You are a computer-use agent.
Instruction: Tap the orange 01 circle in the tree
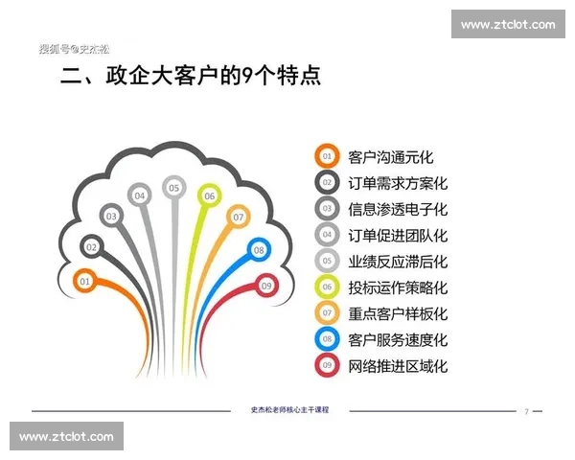[x=84, y=282]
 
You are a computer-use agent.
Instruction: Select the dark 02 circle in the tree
[x=92, y=246]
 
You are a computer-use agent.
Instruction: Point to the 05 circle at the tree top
[x=173, y=188]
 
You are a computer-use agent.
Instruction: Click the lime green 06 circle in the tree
[x=209, y=195]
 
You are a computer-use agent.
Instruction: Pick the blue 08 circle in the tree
[x=258, y=250]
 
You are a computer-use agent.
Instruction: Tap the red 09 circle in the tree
[x=266, y=285]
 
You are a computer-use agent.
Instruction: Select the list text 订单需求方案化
[x=398, y=182]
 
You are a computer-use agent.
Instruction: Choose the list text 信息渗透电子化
[x=398, y=208]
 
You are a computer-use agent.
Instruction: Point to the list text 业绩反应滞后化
[x=398, y=261]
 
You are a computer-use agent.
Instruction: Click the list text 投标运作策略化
[x=398, y=287]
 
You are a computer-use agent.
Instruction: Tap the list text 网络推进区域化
[x=398, y=365]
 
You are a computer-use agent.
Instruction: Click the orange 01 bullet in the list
[x=327, y=156]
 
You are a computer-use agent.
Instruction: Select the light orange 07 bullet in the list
[x=327, y=312]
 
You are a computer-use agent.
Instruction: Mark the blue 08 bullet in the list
[x=327, y=339]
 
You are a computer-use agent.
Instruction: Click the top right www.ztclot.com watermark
[x=507, y=24]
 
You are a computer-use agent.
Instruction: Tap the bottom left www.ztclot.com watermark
[x=67, y=437]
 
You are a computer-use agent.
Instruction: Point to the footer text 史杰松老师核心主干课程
[x=289, y=410]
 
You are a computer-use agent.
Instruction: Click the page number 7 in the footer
[x=526, y=411]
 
